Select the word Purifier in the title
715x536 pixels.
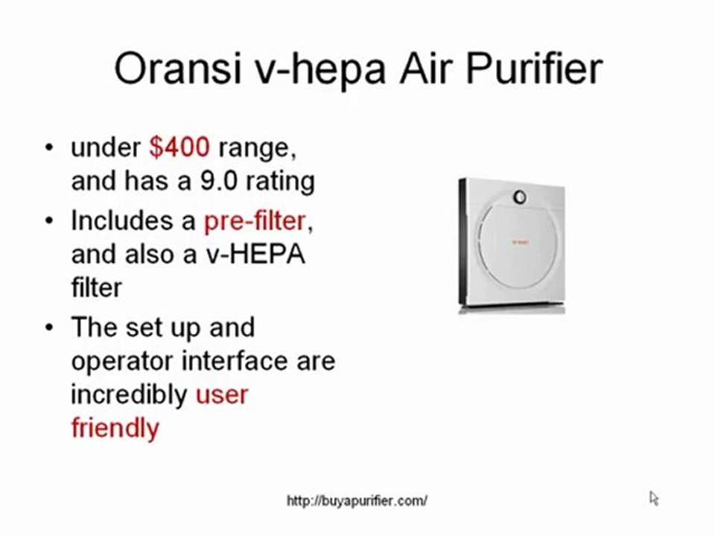click(533, 68)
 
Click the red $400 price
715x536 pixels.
click(179, 147)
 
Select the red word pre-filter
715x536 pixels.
click(254, 220)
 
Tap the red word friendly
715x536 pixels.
click(115, 428)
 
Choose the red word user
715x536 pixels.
click(221, 394)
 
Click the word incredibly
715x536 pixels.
click(129, 395)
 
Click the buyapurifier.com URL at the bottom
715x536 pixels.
click(357, 501)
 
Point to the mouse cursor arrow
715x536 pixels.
click(653, 497)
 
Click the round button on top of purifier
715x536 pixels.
click(520, 197)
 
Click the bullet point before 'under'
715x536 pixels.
click(49, 147)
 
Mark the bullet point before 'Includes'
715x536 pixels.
click(49, 220)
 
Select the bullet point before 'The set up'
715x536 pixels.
click(49, 328)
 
